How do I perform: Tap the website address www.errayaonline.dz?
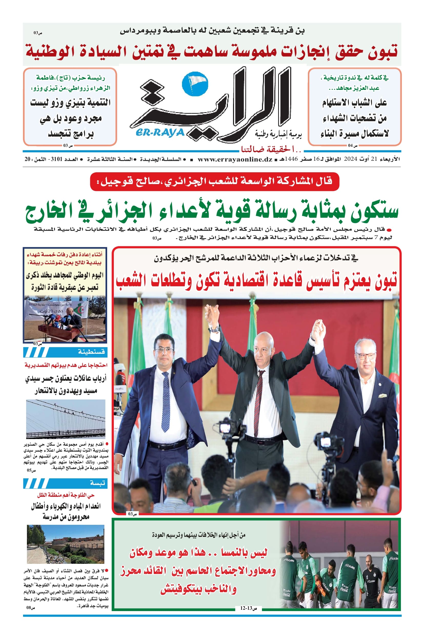(235, 159)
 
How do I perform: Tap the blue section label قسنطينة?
(91, 352)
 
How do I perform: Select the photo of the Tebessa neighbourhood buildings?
(66, 544)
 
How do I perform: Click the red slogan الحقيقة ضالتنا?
(271, 149)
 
